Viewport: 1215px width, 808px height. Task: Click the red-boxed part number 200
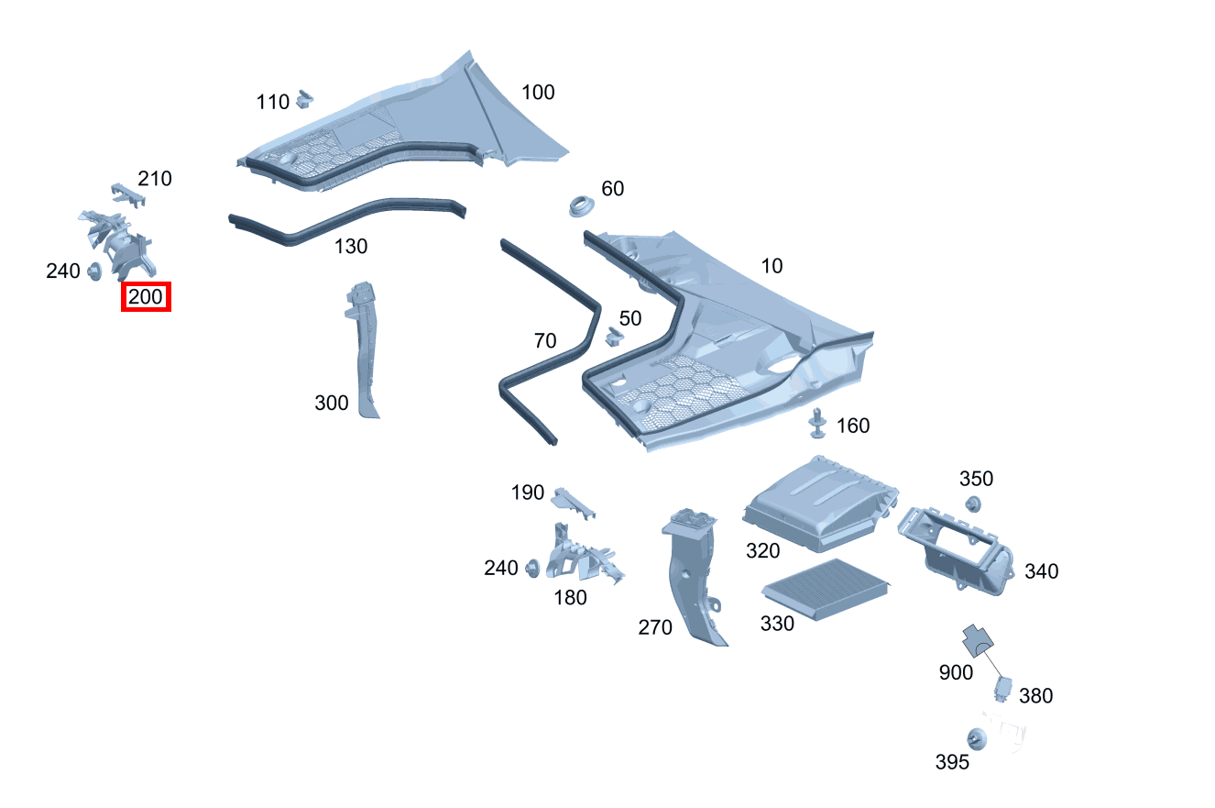tap(147, 297)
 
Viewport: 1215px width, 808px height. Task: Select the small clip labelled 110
tap(305, 97)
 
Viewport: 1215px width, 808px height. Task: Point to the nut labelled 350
tap(974, 504)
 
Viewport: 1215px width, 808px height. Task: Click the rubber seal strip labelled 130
tap(348, 216)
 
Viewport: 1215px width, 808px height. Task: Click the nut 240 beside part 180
tap(531, 569)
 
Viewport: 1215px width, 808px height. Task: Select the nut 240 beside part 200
tap(93, 271)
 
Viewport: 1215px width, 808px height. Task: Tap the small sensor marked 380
tap(1004, 688)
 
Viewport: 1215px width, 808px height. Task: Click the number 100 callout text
tap(538, 93)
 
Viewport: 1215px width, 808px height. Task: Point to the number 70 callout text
tap(544, 341)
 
